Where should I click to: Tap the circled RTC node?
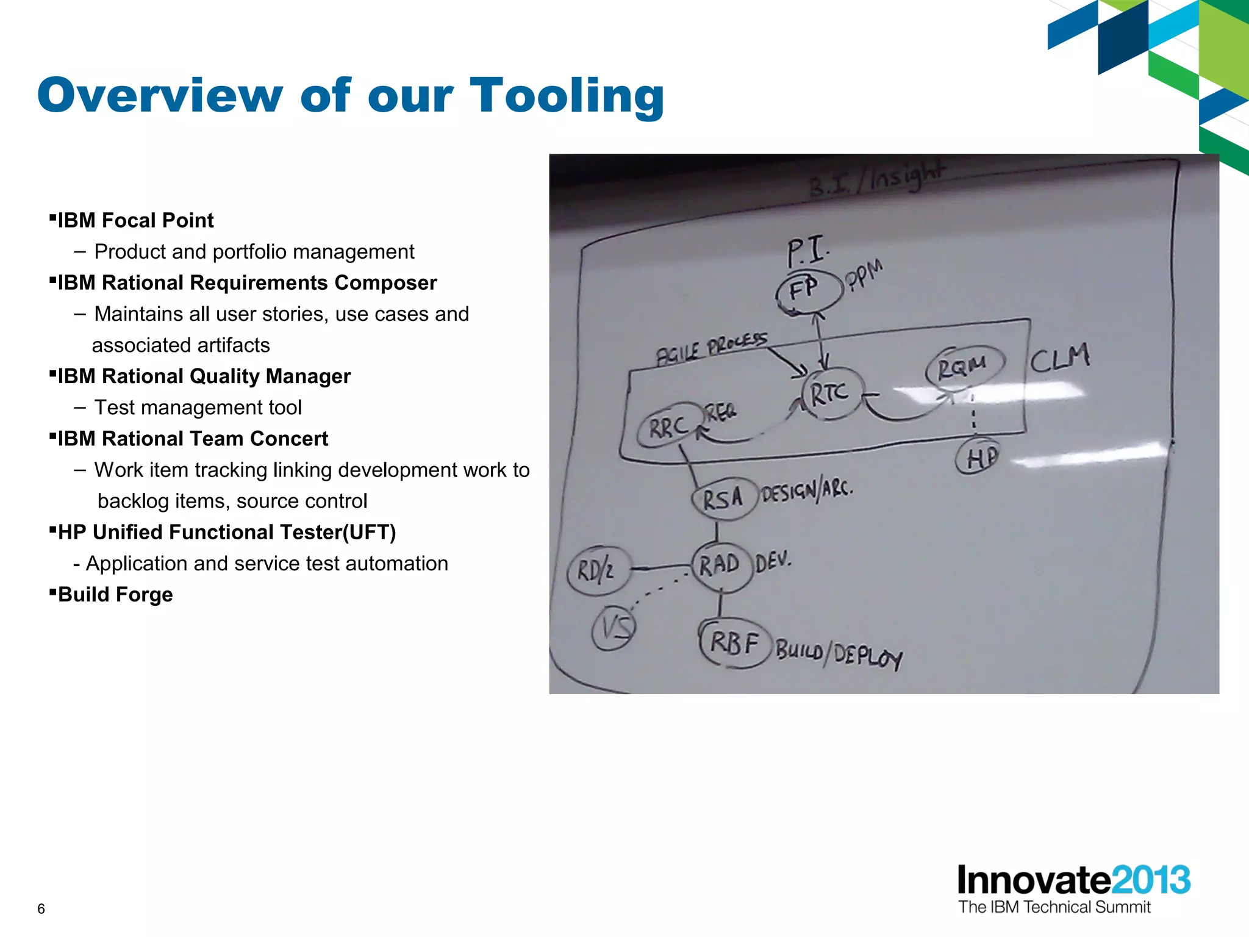coord(829,393)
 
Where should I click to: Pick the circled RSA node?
coord(723,499)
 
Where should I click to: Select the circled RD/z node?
coord(596,571)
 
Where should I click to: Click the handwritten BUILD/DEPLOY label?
coord(839,654)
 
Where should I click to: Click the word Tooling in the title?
coord(567,96)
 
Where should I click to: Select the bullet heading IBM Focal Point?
coord(135,220)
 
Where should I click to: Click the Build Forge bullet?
coord(115,594)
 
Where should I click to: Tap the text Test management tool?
coord(198,407)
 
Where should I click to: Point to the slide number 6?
coord(41,909)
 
